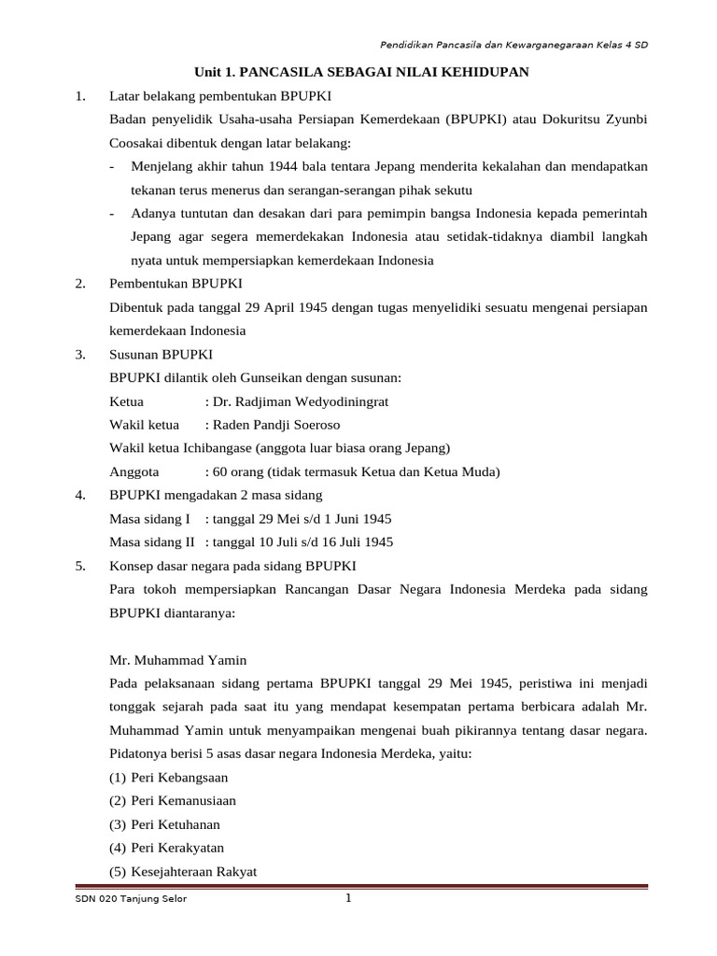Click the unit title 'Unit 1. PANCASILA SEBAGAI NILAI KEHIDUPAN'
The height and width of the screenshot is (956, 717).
coord(361,72)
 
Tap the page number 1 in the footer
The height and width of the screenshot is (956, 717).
coord(348,899)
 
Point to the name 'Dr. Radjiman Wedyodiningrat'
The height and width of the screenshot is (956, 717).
coord(301,401)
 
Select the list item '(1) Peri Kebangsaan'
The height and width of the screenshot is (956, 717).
coord(169,777)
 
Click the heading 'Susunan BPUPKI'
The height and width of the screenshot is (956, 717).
coord(161,355)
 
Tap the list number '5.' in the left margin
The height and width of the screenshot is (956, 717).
coord(80,566)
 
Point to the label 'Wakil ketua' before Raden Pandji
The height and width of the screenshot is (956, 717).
coord(140,425)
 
